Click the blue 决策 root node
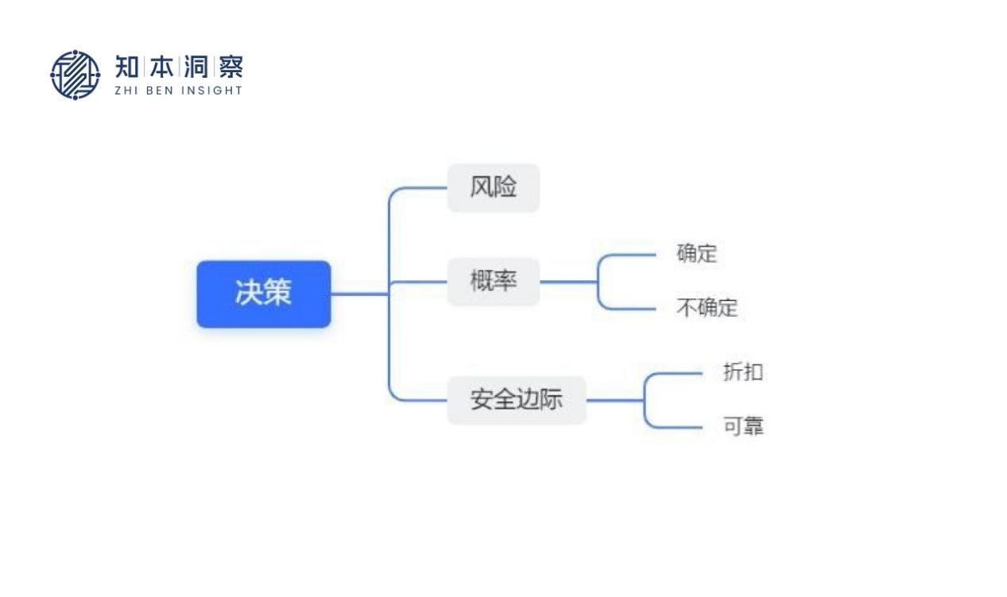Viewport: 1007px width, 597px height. [x=263, y=294]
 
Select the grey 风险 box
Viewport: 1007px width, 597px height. [x=493, y=188]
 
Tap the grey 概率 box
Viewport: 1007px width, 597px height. [x=493, y=282]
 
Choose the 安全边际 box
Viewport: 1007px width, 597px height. [x=516, y=400]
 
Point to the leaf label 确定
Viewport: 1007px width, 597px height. [x=696, y=254]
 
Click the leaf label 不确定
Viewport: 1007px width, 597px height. [x=707, y=308]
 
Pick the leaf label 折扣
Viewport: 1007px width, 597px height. [x=742, y=372]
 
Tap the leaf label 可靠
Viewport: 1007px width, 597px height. [x=742, y=427]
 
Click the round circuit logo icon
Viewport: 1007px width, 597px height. [x=76, y=75]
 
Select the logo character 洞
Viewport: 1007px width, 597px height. [x=196, y=67]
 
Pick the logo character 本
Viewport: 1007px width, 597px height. [x=162, y=67]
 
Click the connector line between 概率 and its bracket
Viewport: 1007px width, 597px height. [x=567, y=282]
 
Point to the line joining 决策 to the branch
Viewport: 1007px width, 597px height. [x=359, y=294]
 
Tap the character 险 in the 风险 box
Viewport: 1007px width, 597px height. [x=505, y=188]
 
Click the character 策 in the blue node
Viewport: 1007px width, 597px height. [x=277, y=294]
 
